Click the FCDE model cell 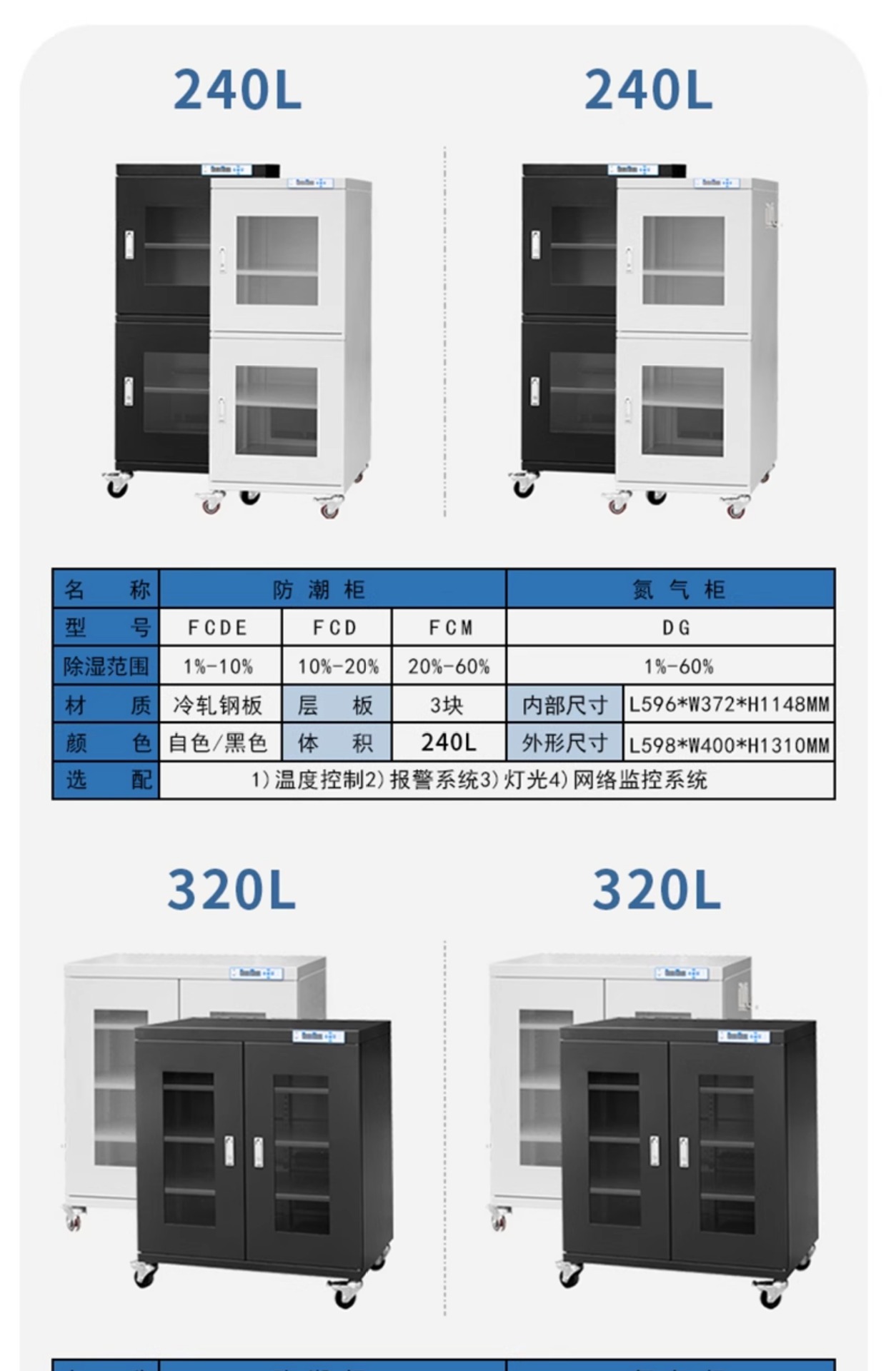pos(218,628)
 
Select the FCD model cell pos(335,628)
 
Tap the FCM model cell pos(450,628)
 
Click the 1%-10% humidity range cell pos(218,666)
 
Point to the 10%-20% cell pos(338,666)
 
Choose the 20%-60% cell pos(449,666)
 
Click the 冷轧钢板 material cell pos(218,705)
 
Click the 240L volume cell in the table pos(448,743)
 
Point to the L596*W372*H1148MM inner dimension pos(729,705)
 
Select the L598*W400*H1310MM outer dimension pos(729,745)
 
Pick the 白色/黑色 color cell pos(218,743)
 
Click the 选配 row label pos(107,780)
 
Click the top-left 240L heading pos(237,91)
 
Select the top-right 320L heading pos(656,890)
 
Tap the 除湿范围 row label pos(106,666)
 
